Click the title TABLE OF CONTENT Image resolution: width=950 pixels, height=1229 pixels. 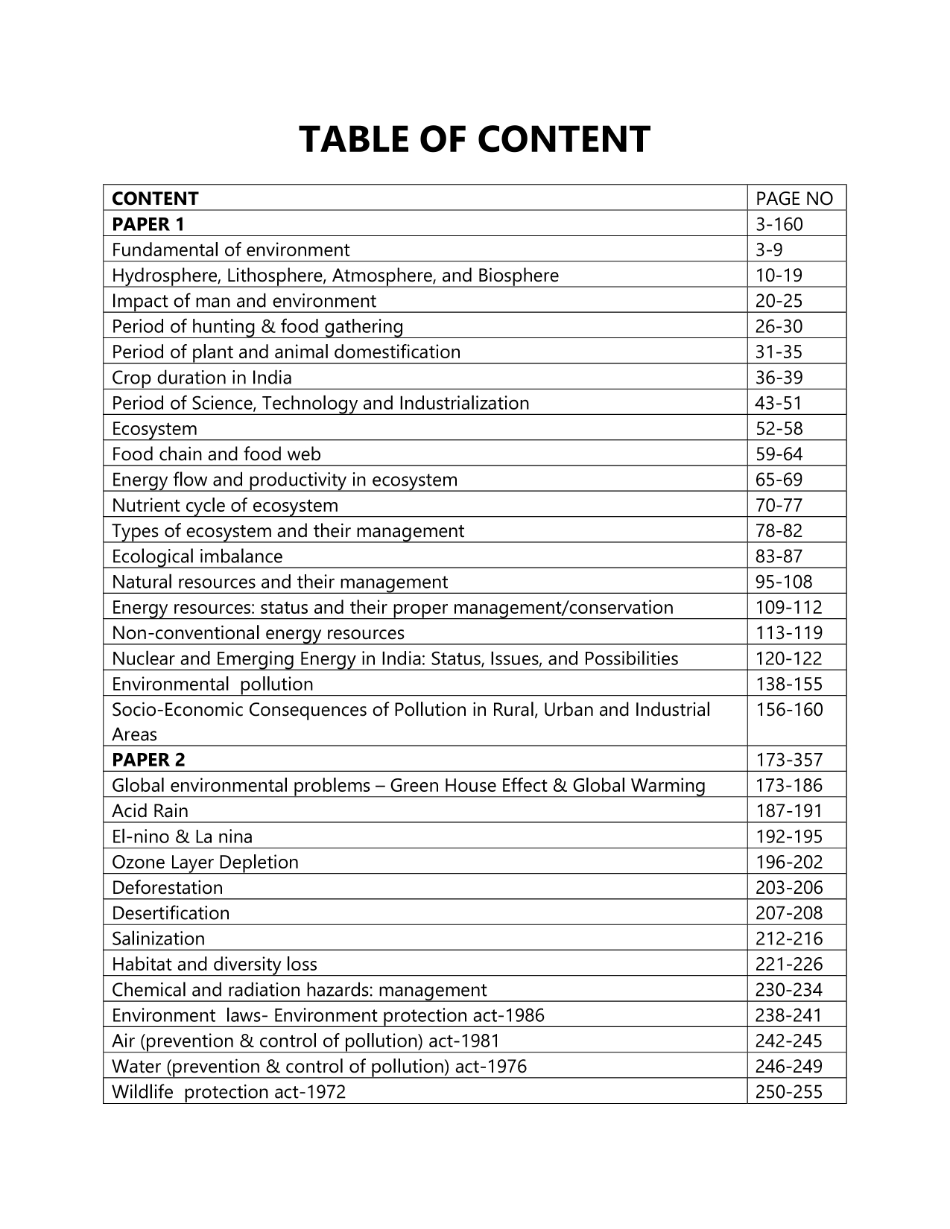[x=475, y=139]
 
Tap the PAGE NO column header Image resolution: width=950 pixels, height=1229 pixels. [x=794, y=198]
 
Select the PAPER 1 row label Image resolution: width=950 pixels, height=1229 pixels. [x=148, y=223]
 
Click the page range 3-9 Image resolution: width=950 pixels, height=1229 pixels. [x=769, y=250]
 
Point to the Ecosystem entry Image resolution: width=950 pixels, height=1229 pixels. [x=154, y=428]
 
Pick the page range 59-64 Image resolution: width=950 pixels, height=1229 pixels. [x=779, y=454]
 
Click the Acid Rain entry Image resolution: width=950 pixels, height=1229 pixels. [x=150, y=810]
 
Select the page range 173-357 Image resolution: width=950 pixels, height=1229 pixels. [x=788, y=760]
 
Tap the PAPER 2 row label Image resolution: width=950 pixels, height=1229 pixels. [x=148, y=760]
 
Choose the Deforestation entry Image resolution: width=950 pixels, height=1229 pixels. [x=167, y=887]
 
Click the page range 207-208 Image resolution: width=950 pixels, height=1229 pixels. [x=788, y=912]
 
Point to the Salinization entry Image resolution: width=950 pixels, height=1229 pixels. [x=158, y=938]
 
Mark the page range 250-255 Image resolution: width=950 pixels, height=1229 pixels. [x=788, y=1091]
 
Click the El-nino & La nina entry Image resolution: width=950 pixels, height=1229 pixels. [x=182, y=836]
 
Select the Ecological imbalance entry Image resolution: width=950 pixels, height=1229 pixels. [x=197, y=556]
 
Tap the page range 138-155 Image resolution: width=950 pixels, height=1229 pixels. [x=788, y=683]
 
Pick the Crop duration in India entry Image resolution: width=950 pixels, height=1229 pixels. [x=201, y=377]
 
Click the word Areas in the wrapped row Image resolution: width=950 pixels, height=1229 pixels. [x=134, y=734]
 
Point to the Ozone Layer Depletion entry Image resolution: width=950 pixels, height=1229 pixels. [x=205, y=862]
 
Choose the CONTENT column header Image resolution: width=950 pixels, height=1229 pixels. [x=155, y=198]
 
